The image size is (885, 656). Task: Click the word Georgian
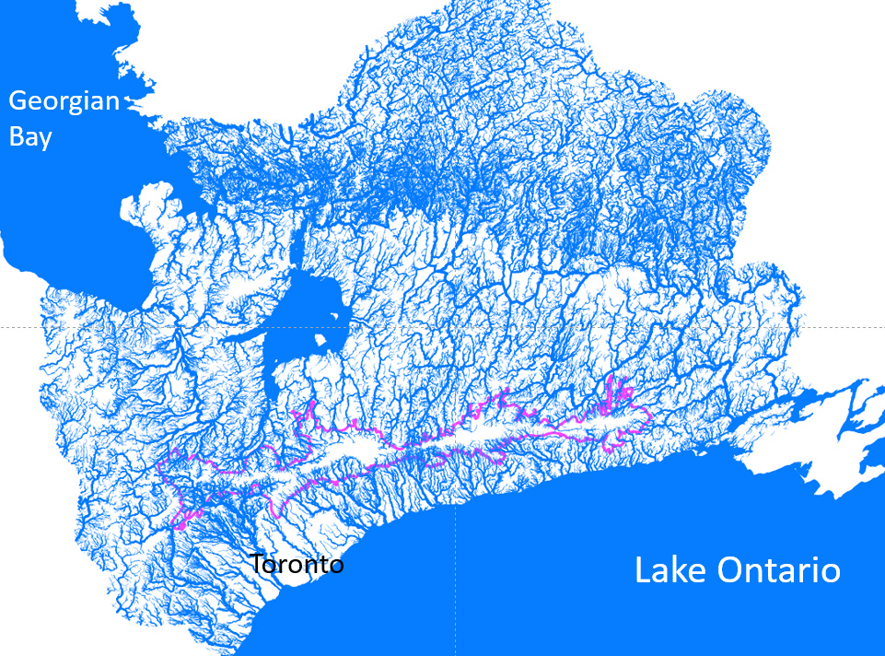pyautogui.click(x=64, y=101)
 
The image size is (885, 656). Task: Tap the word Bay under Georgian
pyautogui.click(x=31, y=137)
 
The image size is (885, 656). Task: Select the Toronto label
pyautogui.click(x=297, y=563)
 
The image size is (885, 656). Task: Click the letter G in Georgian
pyautogui.click(x=19, y=100)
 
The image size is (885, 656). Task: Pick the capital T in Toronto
pyautogui.click(x=258, y=563)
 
